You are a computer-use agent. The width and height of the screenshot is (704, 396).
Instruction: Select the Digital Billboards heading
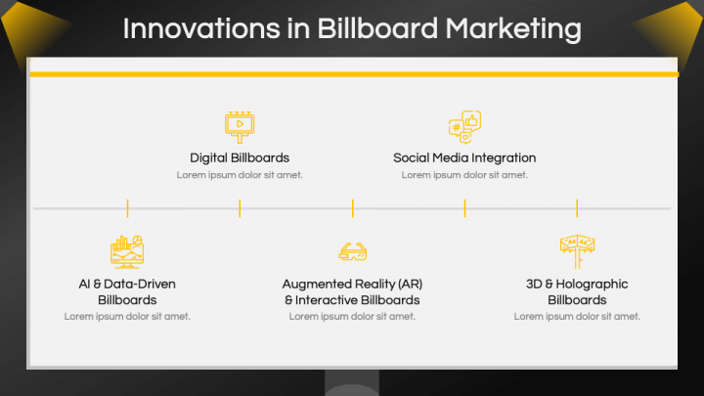(x=240, y=157)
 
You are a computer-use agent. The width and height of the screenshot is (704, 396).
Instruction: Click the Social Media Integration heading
(x=464, y=157)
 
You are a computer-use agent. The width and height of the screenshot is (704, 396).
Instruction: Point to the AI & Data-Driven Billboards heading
(x=127, y=291)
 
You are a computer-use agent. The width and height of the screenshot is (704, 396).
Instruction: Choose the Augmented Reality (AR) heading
(x=352, y=284)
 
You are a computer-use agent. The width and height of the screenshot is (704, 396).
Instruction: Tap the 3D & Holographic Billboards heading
(x=577, y=291)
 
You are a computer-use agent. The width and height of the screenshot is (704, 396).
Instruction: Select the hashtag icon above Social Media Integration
(x=464, y=126)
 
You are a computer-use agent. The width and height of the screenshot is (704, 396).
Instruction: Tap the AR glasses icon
(x=352, y=252)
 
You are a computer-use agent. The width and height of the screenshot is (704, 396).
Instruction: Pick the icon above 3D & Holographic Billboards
(x=577, y=250)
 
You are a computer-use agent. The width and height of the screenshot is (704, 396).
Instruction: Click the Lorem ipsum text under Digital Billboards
(x=240, y=175)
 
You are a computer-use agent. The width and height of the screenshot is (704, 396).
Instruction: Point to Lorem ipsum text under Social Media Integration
(x=464, y=175)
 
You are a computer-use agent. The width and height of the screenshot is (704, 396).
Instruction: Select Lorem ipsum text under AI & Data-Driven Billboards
(x=127, y=317)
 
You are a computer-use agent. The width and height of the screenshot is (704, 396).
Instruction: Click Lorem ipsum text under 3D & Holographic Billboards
(x=577, y=317)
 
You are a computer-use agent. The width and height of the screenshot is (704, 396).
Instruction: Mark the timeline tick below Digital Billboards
(x=240, y=208)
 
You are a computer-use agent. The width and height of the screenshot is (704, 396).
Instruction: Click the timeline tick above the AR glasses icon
(x=352, y=208)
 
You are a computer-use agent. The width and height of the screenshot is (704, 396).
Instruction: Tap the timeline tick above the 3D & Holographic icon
(x=577, y=208)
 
